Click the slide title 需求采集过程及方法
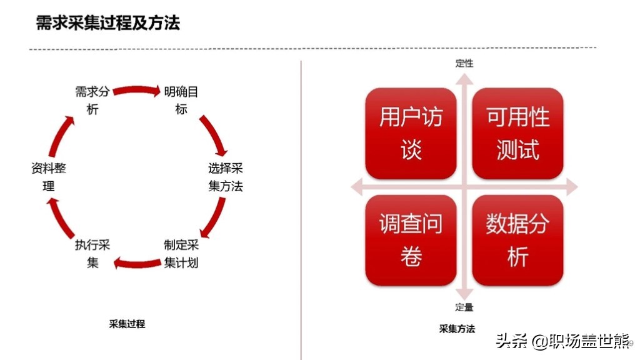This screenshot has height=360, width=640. coord(107,23)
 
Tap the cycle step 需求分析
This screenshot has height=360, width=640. coord(92,101)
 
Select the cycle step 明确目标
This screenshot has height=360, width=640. coord(181,101)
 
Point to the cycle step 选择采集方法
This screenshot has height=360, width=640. coord(225,177)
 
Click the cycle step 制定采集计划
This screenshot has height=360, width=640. coord(181,254)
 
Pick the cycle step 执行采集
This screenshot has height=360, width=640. coord(92,254)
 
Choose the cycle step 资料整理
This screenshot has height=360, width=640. coord(49,177)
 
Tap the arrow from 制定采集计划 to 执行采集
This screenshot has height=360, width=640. coord(137,263)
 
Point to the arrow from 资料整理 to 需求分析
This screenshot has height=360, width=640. coord(61,136)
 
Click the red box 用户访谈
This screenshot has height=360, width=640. coord(411,133)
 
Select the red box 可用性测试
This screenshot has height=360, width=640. coord(517,133)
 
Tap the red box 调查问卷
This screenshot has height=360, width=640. coord(411,240)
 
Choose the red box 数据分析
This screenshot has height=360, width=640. coord(517,240)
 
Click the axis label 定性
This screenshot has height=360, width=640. coord(464,63)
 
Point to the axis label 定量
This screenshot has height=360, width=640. coord(464,307)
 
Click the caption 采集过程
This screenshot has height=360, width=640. coord(127,324)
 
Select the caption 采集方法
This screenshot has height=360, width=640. coord(457,329)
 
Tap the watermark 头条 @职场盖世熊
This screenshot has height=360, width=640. coord(563,341)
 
